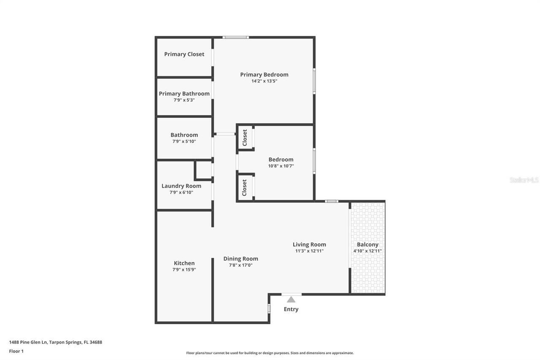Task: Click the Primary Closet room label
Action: coord(184,54)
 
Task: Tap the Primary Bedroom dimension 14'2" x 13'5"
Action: coord(264,81)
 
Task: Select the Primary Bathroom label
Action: coord(184,94)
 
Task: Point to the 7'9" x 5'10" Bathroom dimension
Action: coord(184,142)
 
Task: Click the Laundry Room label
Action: coord(181,186)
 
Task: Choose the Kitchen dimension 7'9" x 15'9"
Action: coord(184,270)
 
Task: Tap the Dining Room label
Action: coord(240,259)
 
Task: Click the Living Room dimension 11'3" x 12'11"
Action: coord(309,251)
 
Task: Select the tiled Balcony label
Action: coord(367,244)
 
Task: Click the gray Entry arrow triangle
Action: coord(291,300)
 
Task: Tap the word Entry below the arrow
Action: coord(291,309)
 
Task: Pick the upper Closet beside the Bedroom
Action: coord(245,138)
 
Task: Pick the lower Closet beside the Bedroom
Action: coord(245,187)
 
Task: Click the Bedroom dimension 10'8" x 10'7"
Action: coord(281,166)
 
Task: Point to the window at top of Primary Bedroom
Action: coord(235,38)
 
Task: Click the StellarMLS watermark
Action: coord(524,180)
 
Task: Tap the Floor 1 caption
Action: coord(16,351)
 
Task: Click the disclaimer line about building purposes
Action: coord(270,353)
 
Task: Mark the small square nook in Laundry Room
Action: coord(204,170)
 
